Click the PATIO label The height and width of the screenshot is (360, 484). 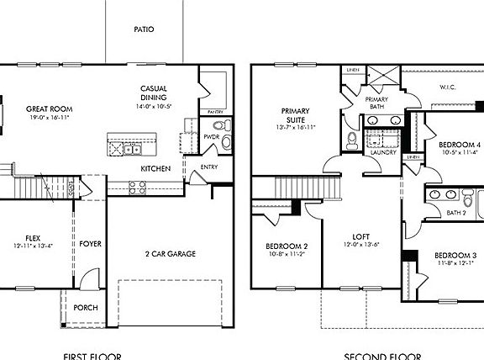click(x=144, y=29)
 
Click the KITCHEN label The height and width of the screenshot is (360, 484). click(x=156, y=169)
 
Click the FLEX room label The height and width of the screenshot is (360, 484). click(x=33, y=240)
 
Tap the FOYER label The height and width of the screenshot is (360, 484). click(x=91, y=245)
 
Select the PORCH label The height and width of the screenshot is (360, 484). click(x=86, y=308)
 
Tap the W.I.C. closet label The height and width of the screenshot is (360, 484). click(x=447, y=87)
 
